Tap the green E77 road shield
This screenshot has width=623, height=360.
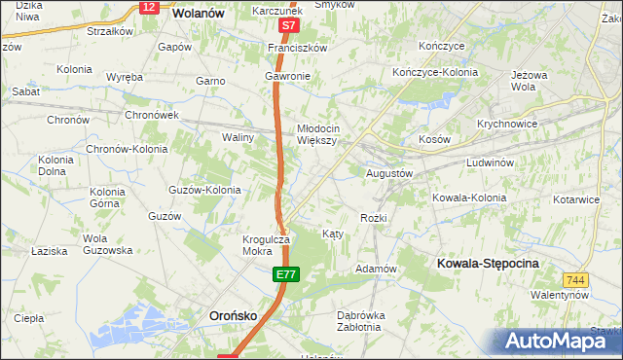click(x=284, y=277)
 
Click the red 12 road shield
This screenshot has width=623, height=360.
click(x=148, y=7)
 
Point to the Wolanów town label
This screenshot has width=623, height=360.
click(x=199, y=15)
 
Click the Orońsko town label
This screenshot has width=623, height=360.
click(x=234, y=315)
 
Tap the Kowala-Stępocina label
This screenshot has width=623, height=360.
click(x=489, y=264)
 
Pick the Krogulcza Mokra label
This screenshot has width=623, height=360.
click(x=267, y=244)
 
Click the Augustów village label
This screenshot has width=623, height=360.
click(x=390, y=173)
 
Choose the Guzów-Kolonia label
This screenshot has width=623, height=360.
click(x=204, y=190)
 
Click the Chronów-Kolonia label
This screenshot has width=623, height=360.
click(x=127, y=149)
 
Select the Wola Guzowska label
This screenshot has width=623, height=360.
click(x=107, y=244)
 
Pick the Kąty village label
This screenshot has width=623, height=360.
click(x=333, y=234)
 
